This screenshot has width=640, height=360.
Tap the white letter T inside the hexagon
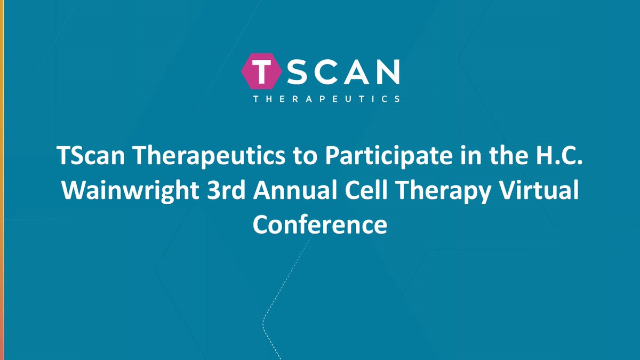[261, 73]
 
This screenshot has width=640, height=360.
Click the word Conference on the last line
[320, 225]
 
